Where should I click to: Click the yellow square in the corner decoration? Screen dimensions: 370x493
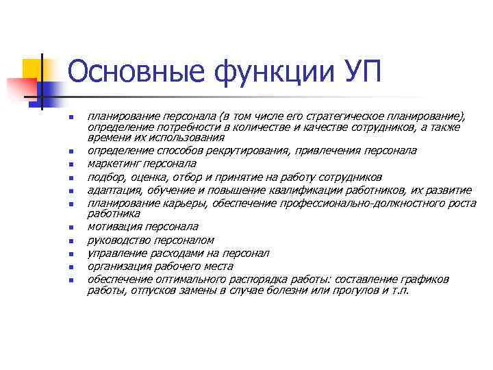32,69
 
